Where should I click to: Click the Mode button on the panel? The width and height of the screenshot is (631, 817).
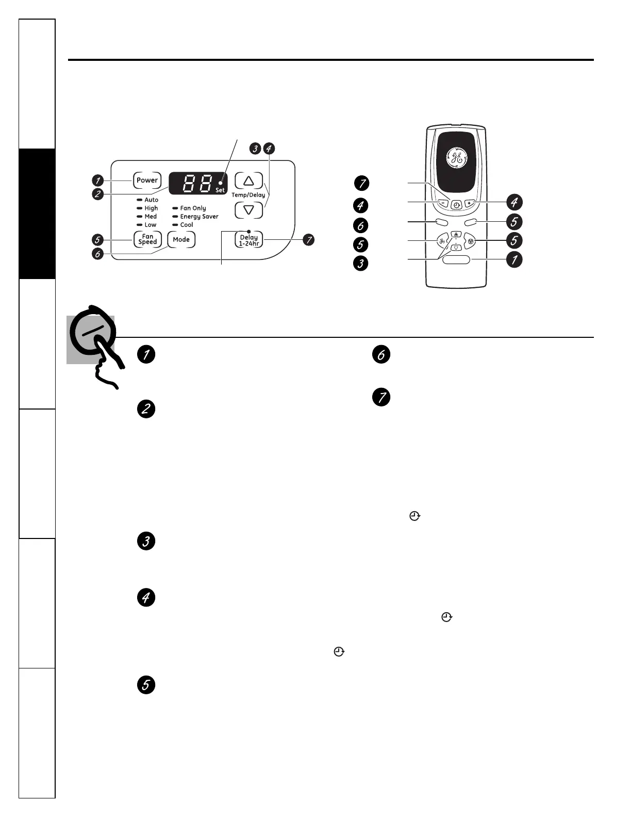coord(181,239)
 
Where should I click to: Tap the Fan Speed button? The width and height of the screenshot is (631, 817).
coord(147,239)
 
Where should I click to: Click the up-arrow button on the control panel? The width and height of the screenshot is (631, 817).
coord(249,181)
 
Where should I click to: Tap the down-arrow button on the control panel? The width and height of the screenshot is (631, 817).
coord(249,210)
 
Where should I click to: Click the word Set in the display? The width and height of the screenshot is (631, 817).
coord(221,190)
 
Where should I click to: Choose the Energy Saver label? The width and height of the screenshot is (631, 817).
coord(199,217)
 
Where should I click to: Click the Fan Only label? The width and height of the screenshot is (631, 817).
coord(193,208)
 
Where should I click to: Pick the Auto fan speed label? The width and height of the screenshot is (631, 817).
coord(152,200)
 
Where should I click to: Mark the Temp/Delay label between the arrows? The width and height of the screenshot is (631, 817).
coord(248,195)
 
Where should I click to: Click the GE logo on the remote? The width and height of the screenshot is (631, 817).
coord(455,158)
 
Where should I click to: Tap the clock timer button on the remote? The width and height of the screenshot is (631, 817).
coord(456,205)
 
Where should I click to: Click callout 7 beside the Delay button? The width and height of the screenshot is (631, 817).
coord(308,240)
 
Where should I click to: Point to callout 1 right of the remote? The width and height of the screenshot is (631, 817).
coord(513,259)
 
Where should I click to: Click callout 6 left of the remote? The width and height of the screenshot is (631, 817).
coord(361,225)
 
